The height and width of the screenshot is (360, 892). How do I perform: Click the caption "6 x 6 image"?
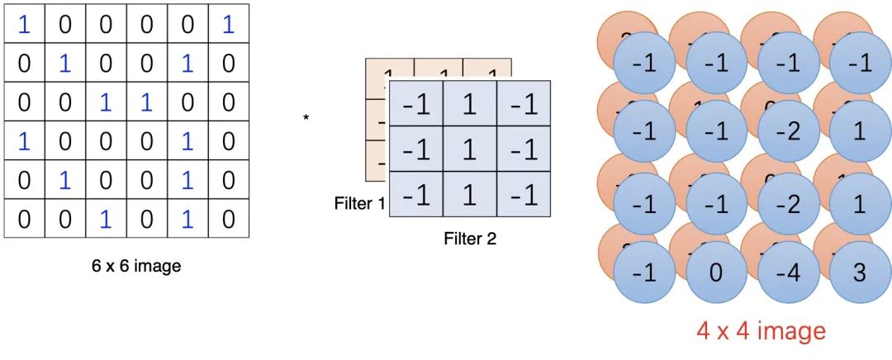[135, 267]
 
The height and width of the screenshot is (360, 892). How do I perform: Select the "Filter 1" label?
[359, 203]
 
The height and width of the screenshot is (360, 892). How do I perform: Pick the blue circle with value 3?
[859, 272]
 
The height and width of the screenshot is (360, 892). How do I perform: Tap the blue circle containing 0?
[716, 272]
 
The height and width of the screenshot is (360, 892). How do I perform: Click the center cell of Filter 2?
[469, 150]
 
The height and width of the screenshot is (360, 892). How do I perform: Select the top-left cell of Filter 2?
[415, 105]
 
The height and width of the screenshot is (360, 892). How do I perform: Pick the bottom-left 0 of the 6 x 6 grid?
[24, 219]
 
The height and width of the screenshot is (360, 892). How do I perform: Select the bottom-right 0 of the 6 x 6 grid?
[228, 219]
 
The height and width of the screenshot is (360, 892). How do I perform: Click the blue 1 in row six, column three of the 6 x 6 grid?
[106, 219]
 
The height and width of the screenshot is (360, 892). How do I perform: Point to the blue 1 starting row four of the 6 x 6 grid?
[24, 141]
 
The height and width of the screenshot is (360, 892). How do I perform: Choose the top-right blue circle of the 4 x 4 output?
[859, 64]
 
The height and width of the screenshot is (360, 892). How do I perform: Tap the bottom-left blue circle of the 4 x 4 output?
[645, 272]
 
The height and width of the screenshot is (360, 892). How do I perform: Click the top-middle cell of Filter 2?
[469, 105]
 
